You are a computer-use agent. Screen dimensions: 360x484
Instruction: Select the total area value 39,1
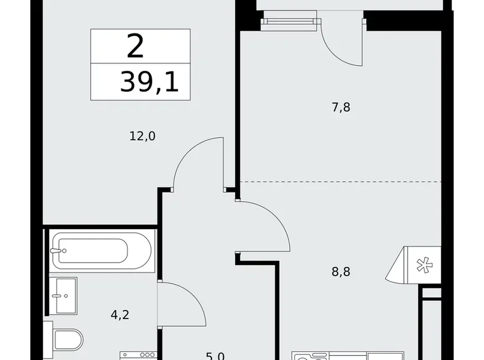[149, 82]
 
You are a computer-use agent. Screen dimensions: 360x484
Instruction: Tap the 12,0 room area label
[143, 136]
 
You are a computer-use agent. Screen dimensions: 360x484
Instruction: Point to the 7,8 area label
[341, 107]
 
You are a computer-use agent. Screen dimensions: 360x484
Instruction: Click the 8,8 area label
[341, 271]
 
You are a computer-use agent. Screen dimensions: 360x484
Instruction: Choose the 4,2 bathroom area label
[120, 314]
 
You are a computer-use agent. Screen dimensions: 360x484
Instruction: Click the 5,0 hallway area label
[215, 356]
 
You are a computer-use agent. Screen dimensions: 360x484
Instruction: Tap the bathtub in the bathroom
[101, 251]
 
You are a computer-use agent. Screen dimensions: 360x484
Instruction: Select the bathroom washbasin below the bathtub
[63, 295]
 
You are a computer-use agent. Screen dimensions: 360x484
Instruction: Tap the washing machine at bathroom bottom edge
[138, 355]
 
